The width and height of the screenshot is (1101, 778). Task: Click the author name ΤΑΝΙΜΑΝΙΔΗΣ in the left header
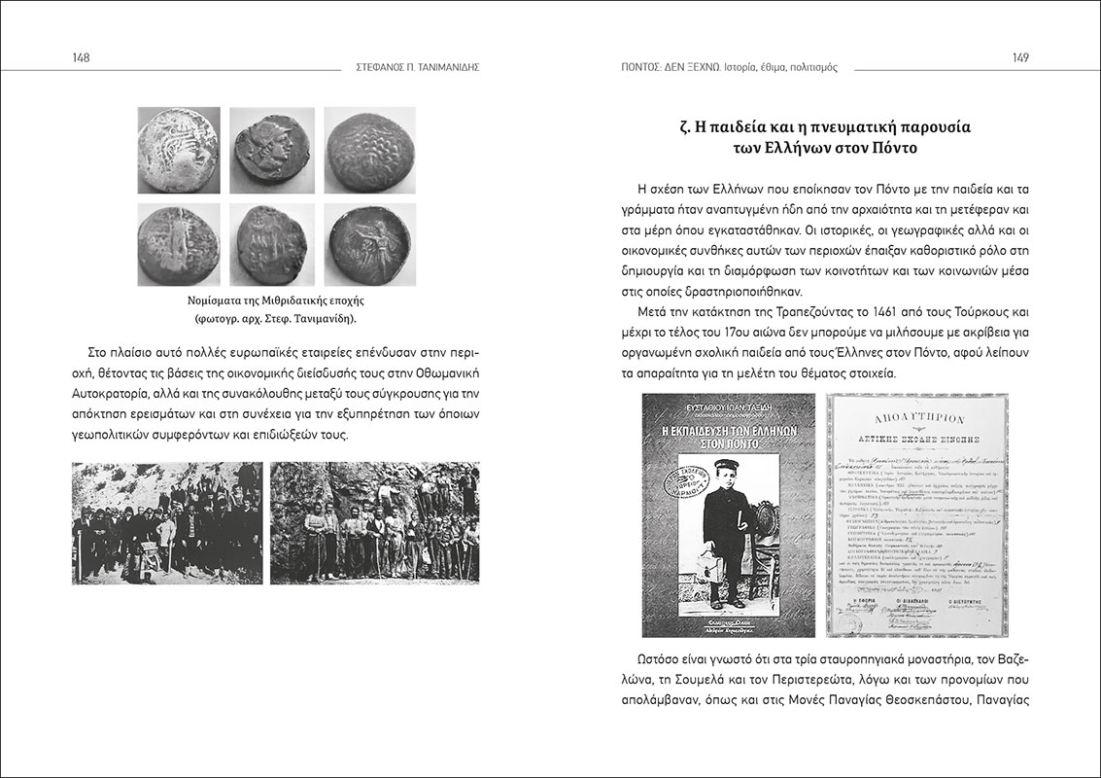point(449,68)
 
